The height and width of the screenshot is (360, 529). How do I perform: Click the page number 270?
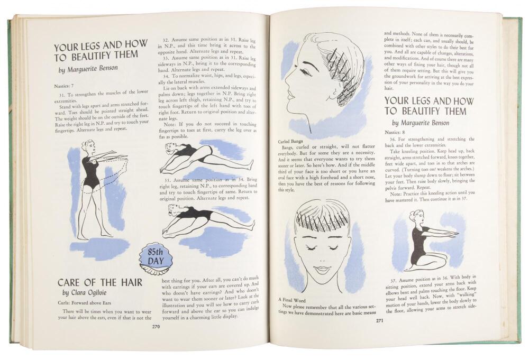pos(156,327)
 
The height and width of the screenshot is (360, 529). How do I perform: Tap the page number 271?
pos(379,321)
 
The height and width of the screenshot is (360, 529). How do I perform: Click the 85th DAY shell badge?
pos(156,258)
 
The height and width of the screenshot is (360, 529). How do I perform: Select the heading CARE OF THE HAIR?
pos(100,282)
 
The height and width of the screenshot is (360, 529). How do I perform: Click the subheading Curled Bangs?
pos(290,141)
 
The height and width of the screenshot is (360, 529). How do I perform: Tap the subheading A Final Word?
pos(292,300)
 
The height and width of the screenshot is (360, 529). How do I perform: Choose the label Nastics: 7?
pos(64,86)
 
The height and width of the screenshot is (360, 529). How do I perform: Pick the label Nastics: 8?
pos(395,133)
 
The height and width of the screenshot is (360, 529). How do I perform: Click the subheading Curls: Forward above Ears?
pos(84,303)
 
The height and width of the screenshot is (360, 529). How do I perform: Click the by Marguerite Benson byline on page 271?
pos(421,123)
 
